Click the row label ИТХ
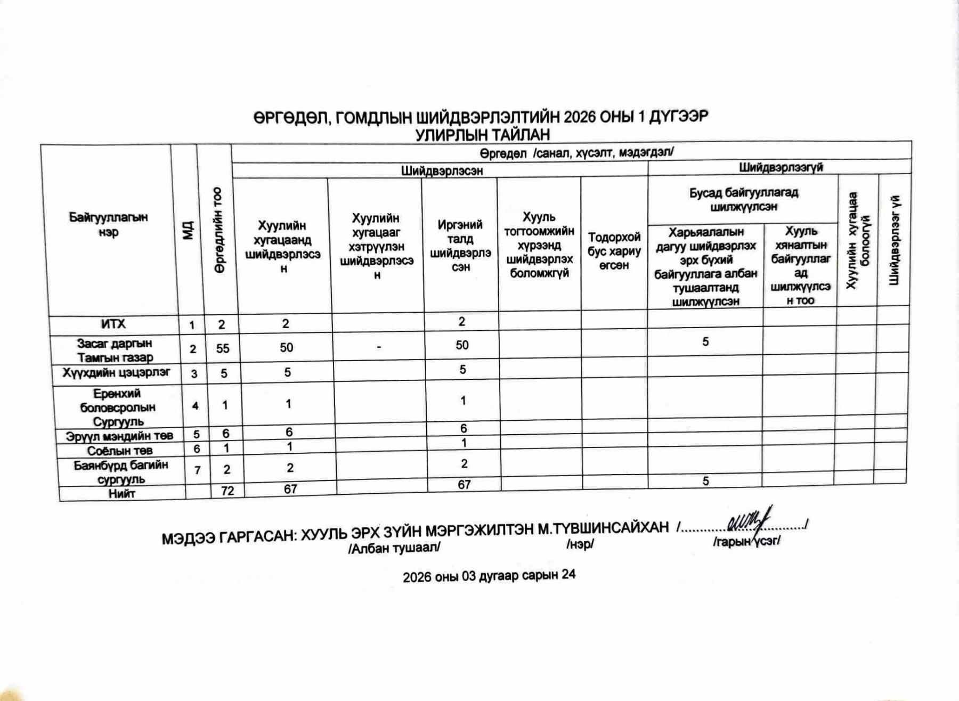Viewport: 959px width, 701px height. tap(112, 324)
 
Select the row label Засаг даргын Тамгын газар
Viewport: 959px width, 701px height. tap(115, 350)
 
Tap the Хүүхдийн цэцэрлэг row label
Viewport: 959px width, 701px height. tap(116, 372)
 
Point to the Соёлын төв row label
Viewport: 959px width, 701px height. tap(120, 451)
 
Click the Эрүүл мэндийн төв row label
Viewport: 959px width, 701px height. tap(119, 436)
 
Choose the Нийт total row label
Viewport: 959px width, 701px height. tap(121, 493)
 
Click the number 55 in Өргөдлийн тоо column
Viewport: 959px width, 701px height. tap(223, 348)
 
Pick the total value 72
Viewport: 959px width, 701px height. tap(227, 491)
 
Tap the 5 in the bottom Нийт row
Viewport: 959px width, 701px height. tap(705, 481)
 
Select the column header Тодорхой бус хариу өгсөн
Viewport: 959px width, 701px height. tap(614, 251)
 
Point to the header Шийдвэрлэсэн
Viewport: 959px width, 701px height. tap(442, 170)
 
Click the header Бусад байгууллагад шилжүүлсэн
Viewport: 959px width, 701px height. tap(743, 200)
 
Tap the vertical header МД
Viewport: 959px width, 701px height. tap(188, 230)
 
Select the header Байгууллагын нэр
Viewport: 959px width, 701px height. tap(108, 224)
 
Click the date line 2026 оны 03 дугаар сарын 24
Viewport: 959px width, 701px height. tap(489, 576)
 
